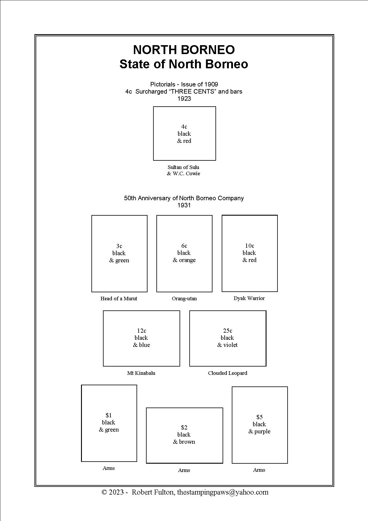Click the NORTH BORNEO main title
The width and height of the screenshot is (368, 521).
click(x=184, y=50)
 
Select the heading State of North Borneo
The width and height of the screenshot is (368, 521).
click(x=184, y=64)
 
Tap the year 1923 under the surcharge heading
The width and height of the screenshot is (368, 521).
click(x=184, y=99)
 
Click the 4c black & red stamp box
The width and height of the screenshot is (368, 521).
click(x=184, y=133)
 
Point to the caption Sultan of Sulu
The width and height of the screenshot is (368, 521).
click(x=183, y=167)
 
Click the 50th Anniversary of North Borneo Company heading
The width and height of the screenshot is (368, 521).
click(x=184, y=198)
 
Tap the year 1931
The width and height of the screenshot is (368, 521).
click(x=184, y=205)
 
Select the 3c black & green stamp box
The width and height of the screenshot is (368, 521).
click(x=119, y=253)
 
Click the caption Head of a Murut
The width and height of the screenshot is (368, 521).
click(x=119, y=299)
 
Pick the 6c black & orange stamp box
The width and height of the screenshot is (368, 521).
click(x=184, y=253)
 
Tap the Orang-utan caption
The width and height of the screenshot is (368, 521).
click(x=184, y=299)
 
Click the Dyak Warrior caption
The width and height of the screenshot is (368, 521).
click(x=249, y=298)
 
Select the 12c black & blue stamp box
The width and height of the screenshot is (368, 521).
click(x=141, y=338)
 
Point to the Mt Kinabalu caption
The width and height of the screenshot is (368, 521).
click(x=141, y=373)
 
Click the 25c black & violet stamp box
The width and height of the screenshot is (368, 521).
click(x=228, y=338)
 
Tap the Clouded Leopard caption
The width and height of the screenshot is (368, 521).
click(x=227, y=373)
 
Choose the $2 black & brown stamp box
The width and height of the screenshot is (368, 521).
click(x=184, y=435)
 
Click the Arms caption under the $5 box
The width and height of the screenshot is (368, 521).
click(x=259, y=470)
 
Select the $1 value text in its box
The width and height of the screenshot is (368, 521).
click(x=109, y=415)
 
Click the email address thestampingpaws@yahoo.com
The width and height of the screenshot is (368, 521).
click(x=223, y=492)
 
